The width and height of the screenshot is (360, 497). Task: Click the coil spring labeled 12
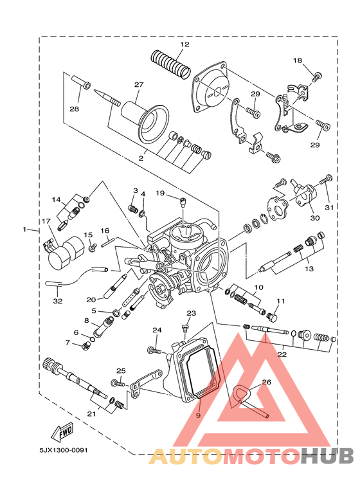(x=170, y=64)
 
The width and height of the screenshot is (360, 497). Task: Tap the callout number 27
(x=139, y=85)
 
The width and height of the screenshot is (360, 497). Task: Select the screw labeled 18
(x=317, y=77)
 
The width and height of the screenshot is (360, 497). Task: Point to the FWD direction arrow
(x=62, y=432)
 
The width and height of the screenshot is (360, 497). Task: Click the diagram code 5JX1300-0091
(x=64, y=450)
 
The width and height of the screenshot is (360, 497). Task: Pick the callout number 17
(x=46, y=221)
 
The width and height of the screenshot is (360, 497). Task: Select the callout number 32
(x=58, y=301)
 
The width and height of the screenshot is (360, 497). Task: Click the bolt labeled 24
(x=154, y=350)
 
